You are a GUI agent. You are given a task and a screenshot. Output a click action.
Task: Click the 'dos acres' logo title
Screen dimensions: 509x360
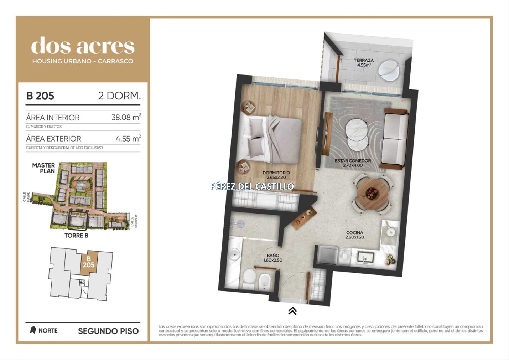coord(83,46)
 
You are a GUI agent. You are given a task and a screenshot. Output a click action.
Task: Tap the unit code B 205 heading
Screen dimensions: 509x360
coord(40,96)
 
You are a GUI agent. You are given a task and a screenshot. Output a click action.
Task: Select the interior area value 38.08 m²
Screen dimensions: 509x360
coord(126,117)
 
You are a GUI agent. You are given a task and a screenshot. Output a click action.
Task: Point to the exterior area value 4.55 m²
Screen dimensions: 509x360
coord(128,138)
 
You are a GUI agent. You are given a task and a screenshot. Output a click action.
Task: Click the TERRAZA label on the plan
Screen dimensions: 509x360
coord(364,60)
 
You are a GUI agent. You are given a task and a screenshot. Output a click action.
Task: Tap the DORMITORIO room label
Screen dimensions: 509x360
coord(276,173)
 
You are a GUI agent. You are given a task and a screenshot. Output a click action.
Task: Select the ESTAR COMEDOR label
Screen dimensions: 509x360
coord(353,160)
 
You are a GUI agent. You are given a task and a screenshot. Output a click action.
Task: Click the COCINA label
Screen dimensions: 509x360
coord(354,233)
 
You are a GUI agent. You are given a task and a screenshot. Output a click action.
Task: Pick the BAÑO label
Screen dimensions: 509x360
coord(273,256)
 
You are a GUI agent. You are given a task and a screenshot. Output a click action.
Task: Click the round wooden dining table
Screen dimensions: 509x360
coord(373,194)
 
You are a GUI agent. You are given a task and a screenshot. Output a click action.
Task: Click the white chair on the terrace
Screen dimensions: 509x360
coord(388,70)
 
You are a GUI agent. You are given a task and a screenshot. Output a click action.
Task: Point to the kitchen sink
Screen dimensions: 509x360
coord(366,258)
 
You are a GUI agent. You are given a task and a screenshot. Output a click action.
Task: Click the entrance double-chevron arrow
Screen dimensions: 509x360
coord(292,311)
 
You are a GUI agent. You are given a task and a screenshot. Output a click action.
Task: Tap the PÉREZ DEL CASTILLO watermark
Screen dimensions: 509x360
coord(252,186)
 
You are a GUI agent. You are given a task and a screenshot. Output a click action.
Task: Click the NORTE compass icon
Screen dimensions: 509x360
coord(33,330)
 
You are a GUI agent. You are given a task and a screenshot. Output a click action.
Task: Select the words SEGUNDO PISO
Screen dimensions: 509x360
coord(108,331)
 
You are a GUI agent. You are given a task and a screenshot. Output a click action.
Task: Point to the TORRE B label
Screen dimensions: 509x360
coord(76,236)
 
